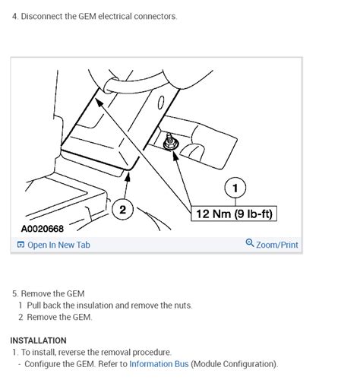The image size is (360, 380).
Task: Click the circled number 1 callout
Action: click(235, 188)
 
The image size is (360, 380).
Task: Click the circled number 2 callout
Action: click(122, 210)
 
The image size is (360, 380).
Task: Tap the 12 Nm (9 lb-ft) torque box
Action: click(234, 214)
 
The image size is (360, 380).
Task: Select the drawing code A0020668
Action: click(43, 229)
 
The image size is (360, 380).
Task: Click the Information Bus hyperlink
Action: click(159, 364)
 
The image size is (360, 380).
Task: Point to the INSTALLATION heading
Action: click(38, 340)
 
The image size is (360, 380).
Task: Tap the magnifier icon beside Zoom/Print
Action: click(250, 242)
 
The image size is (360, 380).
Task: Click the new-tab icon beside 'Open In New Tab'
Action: click(21, 245)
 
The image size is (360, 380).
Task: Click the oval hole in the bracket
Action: click(161, 103)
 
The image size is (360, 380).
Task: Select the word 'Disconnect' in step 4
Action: click(42, 17)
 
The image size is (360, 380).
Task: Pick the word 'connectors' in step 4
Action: click(155, 17)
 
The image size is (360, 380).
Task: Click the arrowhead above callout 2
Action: click(128, 176)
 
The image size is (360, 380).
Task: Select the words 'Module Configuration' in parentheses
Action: click(234, 364)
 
